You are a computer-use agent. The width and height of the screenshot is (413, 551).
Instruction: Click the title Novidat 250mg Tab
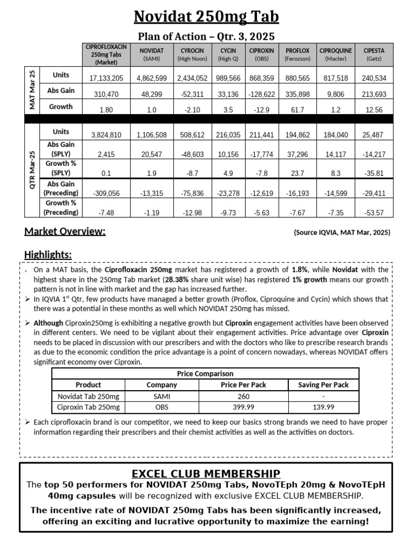[x=206, y=17]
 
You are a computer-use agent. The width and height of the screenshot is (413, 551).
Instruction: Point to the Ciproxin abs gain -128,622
[x=262, y=94]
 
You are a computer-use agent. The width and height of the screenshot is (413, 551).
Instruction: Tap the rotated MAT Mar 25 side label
[x=32, y=90]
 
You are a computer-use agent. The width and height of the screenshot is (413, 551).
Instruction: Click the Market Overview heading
[x=65, y=232]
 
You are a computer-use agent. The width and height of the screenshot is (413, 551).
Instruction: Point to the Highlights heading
[x=48, y=255]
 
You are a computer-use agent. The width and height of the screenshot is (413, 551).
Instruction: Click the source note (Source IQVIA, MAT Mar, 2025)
[x=341, y=232]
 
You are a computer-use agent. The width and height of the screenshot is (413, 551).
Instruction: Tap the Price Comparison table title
[x=205, y=373]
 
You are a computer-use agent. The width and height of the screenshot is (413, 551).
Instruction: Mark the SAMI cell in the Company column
[x=161, y=396]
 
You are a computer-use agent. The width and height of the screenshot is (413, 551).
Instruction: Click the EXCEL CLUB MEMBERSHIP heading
[x=206, y=474]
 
